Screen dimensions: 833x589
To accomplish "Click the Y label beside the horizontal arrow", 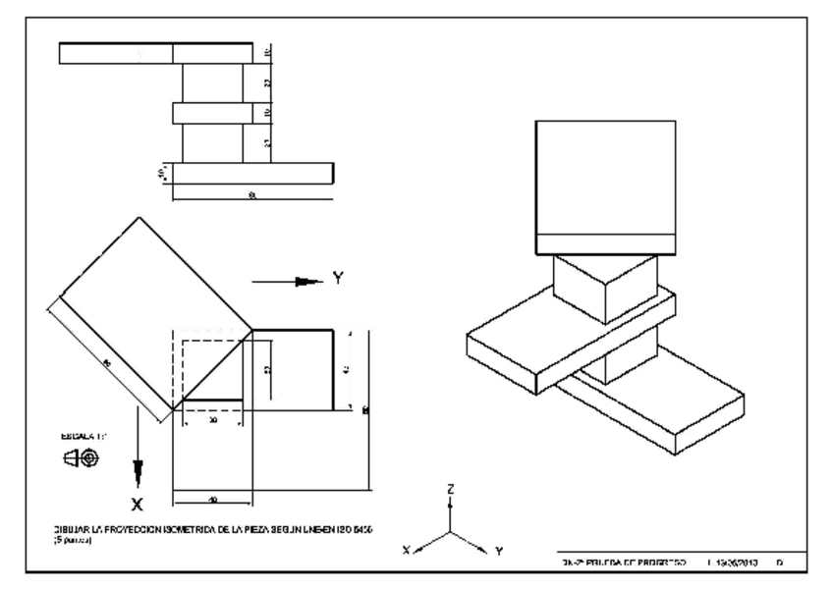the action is pos(339,279).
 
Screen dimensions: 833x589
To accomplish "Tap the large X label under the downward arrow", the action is pos(138,505).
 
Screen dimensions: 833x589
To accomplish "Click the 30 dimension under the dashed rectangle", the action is pos(213,419).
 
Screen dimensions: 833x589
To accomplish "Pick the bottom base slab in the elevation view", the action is pos(253,173).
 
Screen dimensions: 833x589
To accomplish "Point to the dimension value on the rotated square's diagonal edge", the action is pos(107,363).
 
